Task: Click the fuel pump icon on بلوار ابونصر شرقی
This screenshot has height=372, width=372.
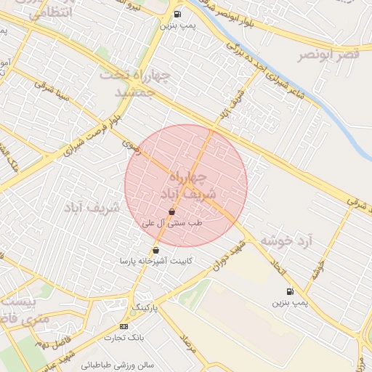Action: click(x=178, y=14)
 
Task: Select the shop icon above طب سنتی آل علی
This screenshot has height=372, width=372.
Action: click(x=171, y=212)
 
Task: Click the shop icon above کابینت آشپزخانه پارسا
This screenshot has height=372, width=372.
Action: click(x=156, y=250)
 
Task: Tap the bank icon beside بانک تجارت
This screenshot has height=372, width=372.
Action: click(x=123, y=326)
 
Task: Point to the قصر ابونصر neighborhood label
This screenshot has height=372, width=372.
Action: click(x=328, y=55)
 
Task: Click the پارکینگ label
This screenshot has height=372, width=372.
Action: click(x=145, y=309)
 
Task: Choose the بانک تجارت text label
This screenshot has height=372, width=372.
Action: click(x=124, y=338)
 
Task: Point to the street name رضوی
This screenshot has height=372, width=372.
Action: click(x=130, y=147)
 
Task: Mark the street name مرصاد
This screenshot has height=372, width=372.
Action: click(x=190, y=343)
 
